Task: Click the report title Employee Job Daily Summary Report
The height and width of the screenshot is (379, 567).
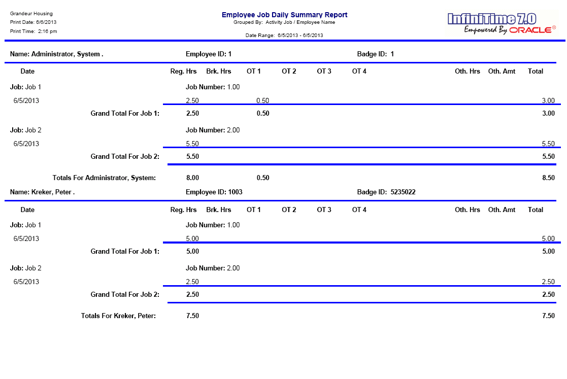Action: pos(284,15)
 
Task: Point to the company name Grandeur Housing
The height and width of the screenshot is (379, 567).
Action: pos(31,14)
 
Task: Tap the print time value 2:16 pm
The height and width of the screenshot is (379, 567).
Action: pos(47,31)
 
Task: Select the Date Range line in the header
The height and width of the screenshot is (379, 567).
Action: pos(284,36)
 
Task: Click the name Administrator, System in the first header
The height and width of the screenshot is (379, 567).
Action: pos(67,54)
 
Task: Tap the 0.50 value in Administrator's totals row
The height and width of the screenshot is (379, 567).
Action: pos(263,178)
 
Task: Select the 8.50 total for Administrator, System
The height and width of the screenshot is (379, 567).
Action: pos(548,178)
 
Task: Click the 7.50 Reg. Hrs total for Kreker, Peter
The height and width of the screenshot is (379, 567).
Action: pos(192,316)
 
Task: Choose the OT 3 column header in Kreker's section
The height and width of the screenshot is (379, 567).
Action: pos(324,210)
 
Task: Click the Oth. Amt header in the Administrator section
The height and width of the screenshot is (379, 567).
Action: pos(502,71)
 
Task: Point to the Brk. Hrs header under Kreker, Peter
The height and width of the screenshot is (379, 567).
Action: pos(218,210)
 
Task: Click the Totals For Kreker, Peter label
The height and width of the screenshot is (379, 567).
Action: pos(118,316)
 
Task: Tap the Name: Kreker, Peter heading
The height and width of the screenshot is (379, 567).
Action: pos(42,192)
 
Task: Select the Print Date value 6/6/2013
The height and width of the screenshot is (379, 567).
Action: pos(46,22)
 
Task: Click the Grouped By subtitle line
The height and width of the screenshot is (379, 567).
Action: pos(284,22)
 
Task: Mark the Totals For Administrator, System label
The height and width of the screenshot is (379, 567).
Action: pos(104,178)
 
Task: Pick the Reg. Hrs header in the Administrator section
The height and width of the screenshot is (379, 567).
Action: pos(183,71)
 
